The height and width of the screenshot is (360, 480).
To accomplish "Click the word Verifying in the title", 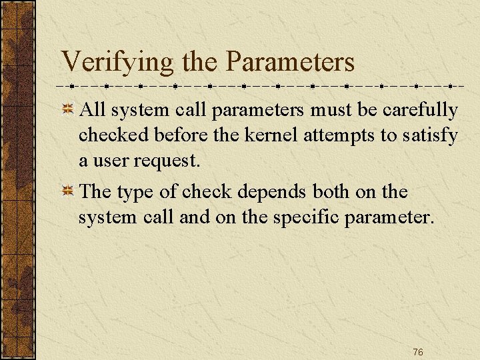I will (x=117, y=63).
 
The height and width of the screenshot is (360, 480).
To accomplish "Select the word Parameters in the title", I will (x=290, y=62).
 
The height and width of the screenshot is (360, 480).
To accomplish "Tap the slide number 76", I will (x=418, y=352).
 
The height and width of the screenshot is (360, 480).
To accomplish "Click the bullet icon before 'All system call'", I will (x=68, y=110).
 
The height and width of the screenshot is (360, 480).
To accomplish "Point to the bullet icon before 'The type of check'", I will (x=68, y=192).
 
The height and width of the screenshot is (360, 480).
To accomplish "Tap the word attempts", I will (x=340, y=136).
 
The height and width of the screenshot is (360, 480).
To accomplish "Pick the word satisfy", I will (x=430, y=136).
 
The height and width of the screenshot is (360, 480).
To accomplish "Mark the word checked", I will (x=112, y=136).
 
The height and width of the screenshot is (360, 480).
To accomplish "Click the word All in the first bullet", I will (x=91, y=110).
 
